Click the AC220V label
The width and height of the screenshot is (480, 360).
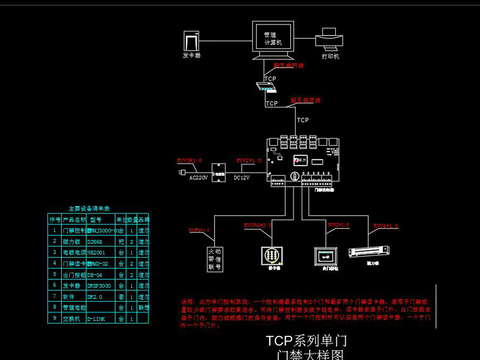[200, 177]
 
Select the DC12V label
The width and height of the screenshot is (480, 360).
[240, 177]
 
